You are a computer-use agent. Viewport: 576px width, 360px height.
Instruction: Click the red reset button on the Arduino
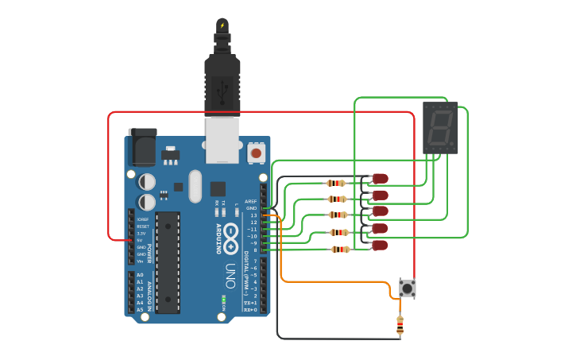pos(256,151)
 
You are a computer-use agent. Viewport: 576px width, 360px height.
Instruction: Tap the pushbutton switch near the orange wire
pos(407,288)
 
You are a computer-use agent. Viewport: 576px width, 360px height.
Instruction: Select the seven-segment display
pos(440,127)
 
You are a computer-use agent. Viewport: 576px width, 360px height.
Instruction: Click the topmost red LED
pos(381,178)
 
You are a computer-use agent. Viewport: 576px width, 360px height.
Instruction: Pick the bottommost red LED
pos(381,245)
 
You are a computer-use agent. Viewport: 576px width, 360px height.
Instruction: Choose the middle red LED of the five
pos(381,211)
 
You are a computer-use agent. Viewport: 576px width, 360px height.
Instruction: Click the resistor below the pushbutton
pos(400,325)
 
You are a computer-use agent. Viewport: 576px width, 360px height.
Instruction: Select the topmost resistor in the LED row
pos(336,183)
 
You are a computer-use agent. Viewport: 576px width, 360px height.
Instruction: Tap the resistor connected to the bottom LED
pos(340,250)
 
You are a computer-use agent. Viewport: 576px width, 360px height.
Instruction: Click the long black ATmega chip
pos(168,261)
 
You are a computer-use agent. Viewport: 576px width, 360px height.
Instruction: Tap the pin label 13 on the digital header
pos(253,215)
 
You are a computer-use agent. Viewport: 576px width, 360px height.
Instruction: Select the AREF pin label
pos(251,201)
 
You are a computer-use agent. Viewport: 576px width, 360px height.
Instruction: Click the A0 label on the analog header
pos(140,275)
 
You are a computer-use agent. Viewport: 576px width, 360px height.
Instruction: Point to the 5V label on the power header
pos(141,240)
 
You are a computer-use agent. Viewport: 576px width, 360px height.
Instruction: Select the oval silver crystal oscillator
pos(195,186)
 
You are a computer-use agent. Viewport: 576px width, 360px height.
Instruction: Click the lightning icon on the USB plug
pos(222,25)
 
